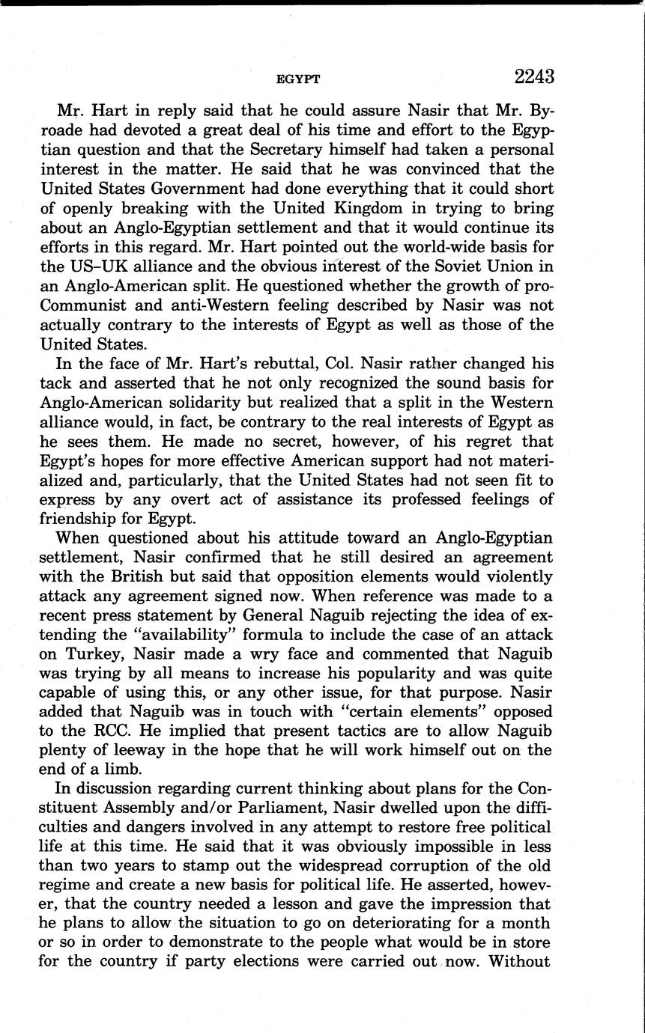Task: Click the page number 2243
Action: point(533,76)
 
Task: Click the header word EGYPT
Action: point(298,79)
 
